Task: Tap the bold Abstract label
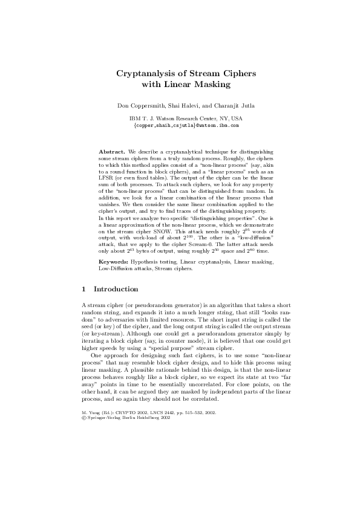click(113, 149)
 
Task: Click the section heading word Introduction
click(116, 290)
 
